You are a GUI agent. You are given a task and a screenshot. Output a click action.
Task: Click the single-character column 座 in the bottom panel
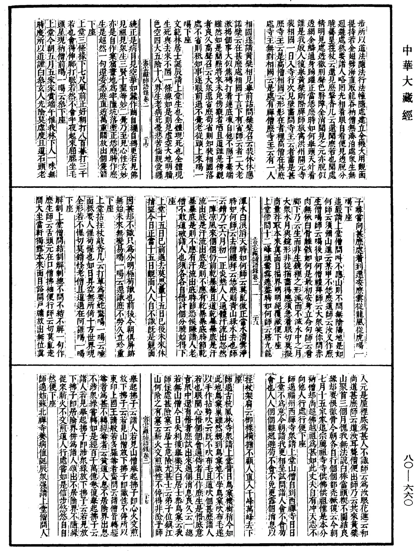[236, 380]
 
